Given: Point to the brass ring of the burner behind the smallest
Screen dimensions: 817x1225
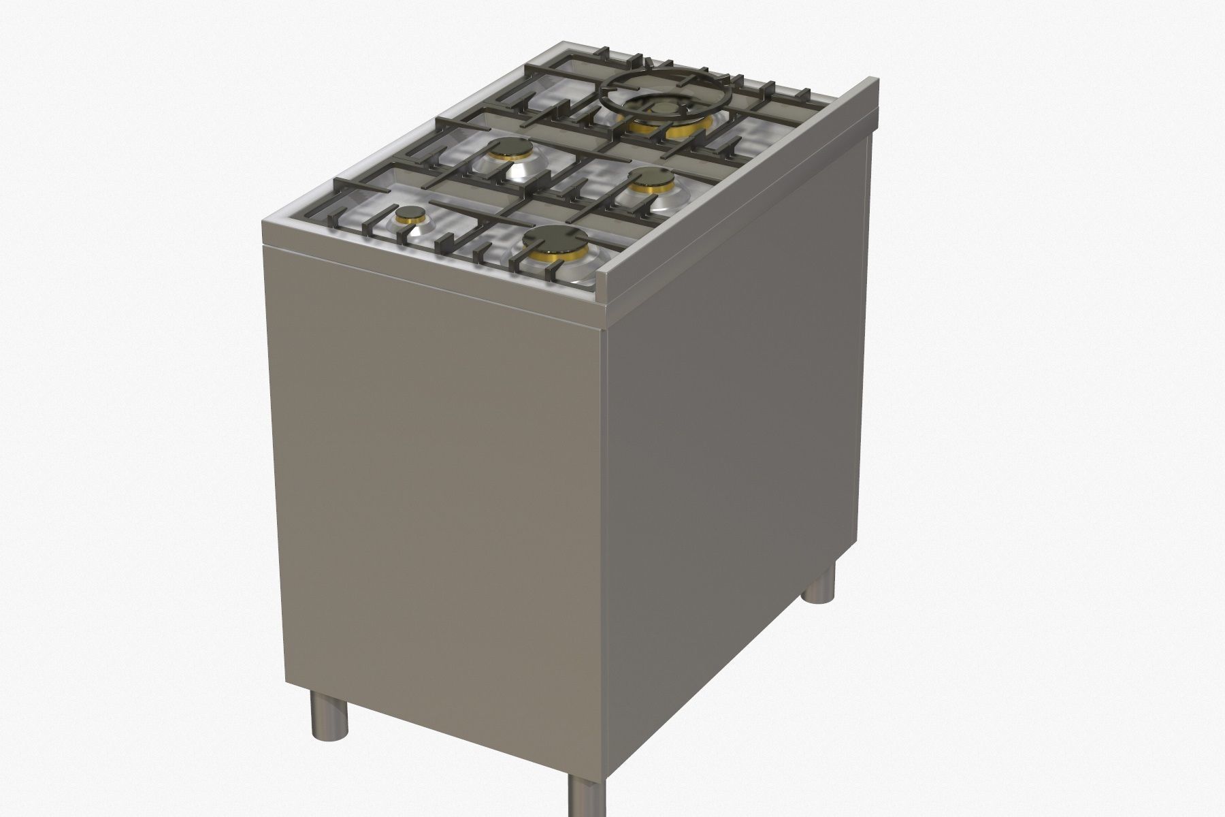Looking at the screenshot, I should pos(504,161).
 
